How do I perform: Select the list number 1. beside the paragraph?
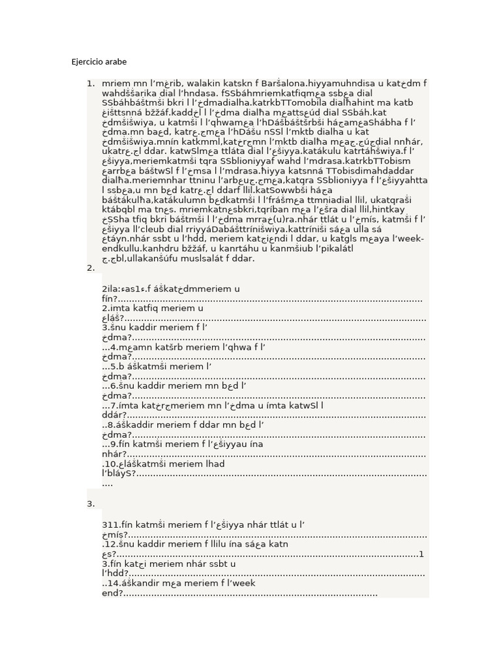pos(90,83)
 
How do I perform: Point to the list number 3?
pos(90,504)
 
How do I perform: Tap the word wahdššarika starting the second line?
pos(130,93)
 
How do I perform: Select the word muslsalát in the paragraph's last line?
pos(225,259)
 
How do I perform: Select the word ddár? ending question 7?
pos(113,415)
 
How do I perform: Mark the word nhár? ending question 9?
pos(114,454)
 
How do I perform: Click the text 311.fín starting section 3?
pos(117,524)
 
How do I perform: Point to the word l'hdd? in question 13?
pos(116,573)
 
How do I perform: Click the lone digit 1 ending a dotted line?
pos(421,554)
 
